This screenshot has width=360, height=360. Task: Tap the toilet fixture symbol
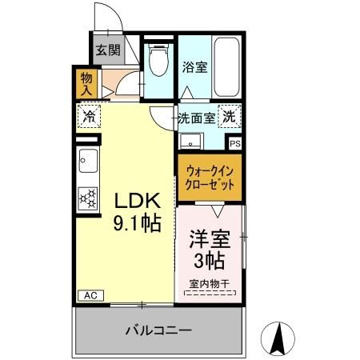pos(158,58)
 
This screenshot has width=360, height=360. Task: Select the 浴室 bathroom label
pos(195,66)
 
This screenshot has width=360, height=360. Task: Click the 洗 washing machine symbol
pos(230,116)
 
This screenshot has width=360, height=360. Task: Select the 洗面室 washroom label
pos(196,117)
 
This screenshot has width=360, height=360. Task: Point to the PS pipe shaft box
pos(234,143)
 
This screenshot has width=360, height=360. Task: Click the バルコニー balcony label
pos(158,330)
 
